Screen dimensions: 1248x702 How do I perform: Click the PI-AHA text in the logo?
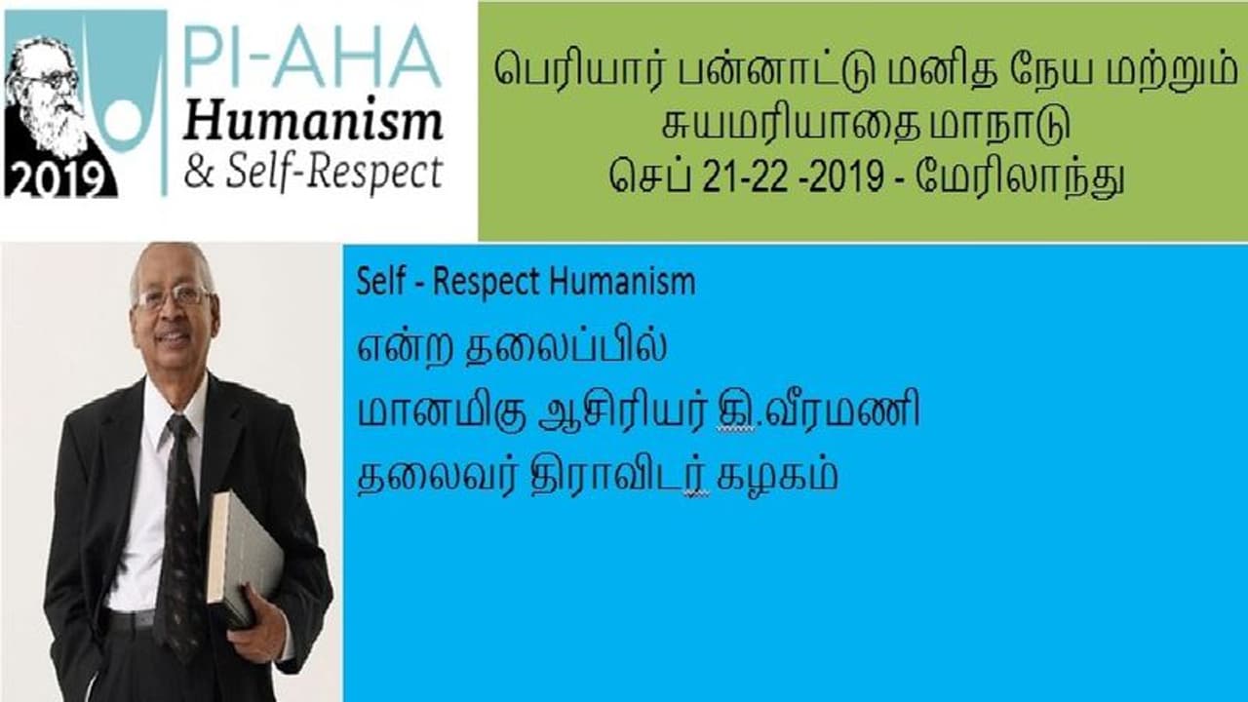(x=312, y=57)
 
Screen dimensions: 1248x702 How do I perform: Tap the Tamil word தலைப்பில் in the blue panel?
(x=566, y=346)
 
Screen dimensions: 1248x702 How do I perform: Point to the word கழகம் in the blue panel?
(x=777, y=477)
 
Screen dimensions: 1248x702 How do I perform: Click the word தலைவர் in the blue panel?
(x=435, y=477)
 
